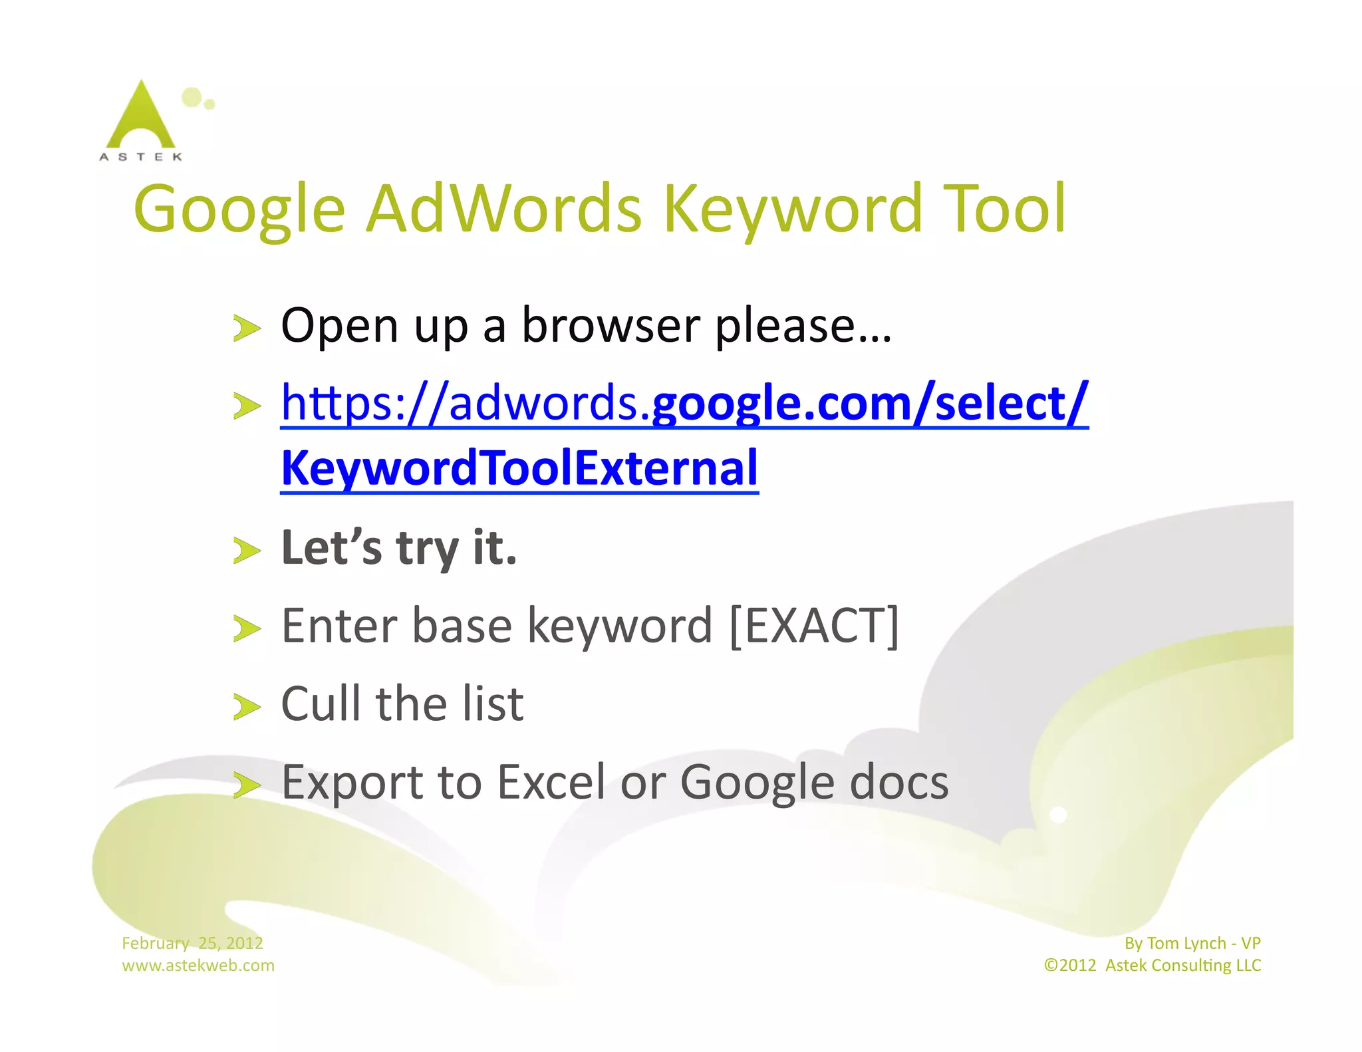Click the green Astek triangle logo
140,116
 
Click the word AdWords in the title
504,209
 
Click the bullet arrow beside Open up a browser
247,328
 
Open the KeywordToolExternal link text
519,468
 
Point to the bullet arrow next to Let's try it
247,550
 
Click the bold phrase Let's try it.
399,547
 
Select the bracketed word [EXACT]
814,626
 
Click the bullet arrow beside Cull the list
247,707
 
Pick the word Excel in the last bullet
551,782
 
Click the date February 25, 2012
192,943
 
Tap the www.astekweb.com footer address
198,966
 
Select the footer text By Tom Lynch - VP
1192,943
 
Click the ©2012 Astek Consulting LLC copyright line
1152,966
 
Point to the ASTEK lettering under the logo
140,157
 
